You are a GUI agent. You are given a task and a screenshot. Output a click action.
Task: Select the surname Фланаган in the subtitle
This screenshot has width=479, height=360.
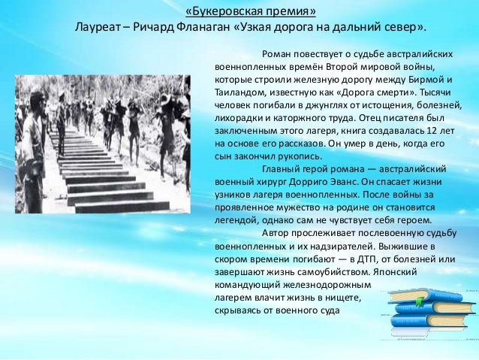point(212,29)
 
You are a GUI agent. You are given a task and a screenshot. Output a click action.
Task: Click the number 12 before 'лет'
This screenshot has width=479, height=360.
point(426,131)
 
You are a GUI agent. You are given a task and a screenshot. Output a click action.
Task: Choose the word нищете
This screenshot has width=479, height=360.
point(337,298)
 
